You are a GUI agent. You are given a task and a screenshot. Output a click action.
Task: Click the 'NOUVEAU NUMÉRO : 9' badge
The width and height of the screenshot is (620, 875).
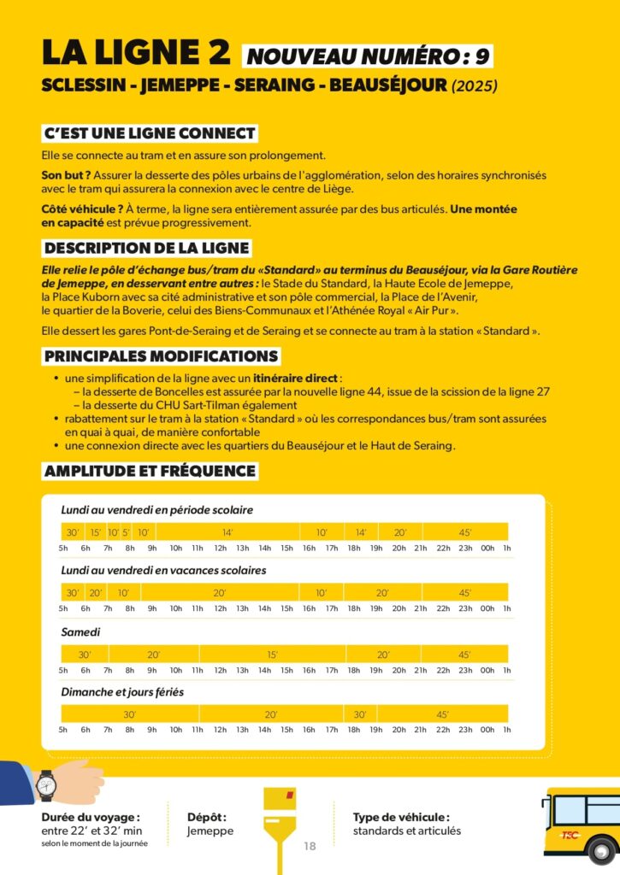point(369,56)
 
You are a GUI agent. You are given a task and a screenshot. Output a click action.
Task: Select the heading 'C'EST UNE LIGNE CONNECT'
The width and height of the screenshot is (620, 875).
point(150,133)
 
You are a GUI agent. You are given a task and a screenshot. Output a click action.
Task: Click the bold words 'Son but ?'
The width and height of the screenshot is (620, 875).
point(60,175)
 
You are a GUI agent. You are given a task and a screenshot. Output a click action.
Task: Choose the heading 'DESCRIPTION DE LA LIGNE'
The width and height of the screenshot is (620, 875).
point(146,248)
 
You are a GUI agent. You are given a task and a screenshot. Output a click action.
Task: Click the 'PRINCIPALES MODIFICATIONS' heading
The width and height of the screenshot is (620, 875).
point(161,355)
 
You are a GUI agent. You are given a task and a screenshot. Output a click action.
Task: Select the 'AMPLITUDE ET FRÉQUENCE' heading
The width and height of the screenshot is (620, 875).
point(150,471)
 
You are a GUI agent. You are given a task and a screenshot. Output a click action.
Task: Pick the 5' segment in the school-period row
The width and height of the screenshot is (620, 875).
point(126,532)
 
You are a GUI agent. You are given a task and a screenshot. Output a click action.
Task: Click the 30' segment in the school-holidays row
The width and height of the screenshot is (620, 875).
point(73,592)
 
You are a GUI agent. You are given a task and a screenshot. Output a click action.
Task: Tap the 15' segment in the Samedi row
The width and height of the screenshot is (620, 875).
point(272,655)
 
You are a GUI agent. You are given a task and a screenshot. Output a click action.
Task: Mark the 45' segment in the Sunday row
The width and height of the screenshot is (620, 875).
point(443,714)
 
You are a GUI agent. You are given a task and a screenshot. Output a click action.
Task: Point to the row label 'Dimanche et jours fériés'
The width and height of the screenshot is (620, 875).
point(122,692)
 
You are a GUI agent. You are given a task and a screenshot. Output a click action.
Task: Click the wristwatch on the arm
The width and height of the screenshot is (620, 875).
point(46,783)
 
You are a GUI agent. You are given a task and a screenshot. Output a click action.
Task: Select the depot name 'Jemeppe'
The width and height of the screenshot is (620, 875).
point(210,831)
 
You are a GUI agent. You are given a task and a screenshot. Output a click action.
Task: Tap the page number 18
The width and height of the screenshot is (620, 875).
point(310,846)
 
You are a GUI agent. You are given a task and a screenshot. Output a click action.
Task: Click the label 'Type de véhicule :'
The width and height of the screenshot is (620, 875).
point(401,817)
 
